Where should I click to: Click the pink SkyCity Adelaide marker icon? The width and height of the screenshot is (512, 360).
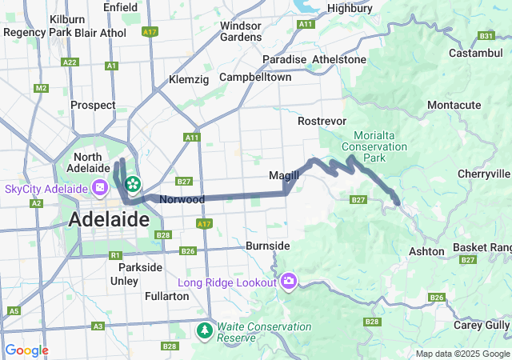pos(100,189)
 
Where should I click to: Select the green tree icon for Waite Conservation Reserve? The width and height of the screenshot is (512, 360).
pos(205,330)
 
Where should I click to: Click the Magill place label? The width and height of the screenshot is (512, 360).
pos(283,175)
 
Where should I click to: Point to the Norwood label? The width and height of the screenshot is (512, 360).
pos(182,199)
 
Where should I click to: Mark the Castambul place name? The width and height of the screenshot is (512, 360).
pos(474,53)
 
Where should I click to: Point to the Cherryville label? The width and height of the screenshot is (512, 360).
pos(483,174)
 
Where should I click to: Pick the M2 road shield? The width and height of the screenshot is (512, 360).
pos(41,87)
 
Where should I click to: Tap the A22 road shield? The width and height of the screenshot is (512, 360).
pos(70,62)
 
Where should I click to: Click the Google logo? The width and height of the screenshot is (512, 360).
pos(26,350)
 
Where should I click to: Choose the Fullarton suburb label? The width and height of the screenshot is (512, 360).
pos(166,296)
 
